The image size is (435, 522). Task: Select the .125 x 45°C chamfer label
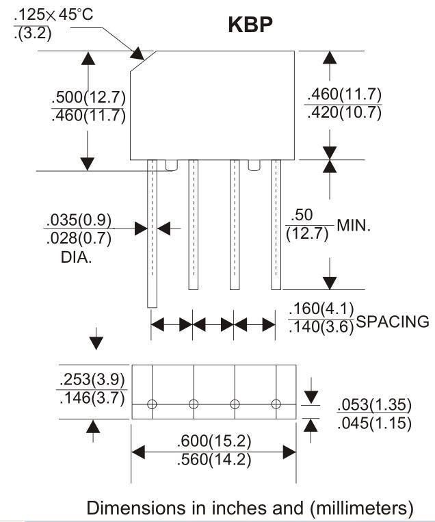click(x=53, y=14)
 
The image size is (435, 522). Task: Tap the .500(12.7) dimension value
click(x=88, y=97)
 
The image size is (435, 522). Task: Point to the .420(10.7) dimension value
click(x=344, y=113)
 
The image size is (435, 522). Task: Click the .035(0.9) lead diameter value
click(x=79, y=221)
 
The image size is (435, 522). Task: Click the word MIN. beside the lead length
click(x=354, y=226)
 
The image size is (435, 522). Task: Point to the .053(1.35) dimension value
click(x=373, y=406)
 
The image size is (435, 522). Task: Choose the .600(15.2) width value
click(x=213, y=441)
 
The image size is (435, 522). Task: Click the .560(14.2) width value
click(x=213, y=460)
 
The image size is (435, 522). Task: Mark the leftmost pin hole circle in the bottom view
click(x=152, y=404)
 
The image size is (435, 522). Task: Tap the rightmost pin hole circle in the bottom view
click(x=276, y=404)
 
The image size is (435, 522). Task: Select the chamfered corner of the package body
click(x=144, y=63)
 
